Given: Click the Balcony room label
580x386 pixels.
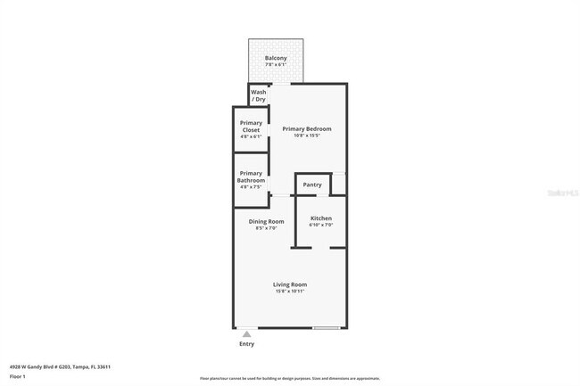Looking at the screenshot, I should [275, 58].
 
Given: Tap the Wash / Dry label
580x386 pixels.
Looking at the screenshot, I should [259, 95].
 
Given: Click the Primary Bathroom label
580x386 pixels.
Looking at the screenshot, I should [251, 177].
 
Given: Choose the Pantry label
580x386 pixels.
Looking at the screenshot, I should [312, 185].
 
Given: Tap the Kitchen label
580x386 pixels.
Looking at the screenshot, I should [321, 218].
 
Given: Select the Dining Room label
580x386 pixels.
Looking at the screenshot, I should [266, 221].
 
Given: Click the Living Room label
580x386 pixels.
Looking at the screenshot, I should [289, 284].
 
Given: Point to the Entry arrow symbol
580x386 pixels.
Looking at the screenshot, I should [247, 333].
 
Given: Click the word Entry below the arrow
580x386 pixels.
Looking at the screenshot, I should [247, 344].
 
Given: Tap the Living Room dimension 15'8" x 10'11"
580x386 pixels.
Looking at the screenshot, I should [289, 292].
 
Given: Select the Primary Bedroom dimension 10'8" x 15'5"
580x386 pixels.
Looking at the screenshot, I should [301, 136].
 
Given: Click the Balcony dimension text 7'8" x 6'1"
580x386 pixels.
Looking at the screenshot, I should [275, 65].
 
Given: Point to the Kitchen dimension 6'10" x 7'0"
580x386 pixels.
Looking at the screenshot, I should [321, 226].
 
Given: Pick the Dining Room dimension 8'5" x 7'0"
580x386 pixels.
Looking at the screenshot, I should [266, 228].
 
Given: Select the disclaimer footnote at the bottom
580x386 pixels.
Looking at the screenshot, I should [289, 379].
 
